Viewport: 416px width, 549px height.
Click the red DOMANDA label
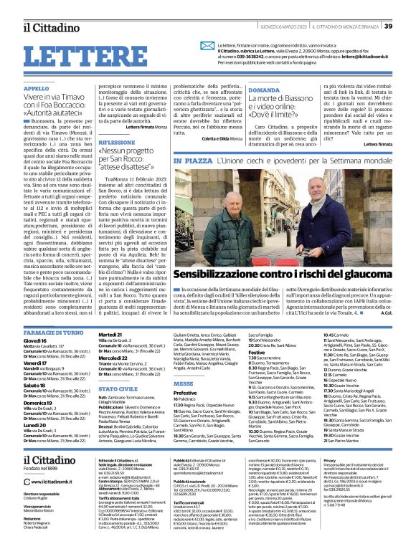point(264,91)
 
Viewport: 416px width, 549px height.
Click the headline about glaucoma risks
point(281,254)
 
